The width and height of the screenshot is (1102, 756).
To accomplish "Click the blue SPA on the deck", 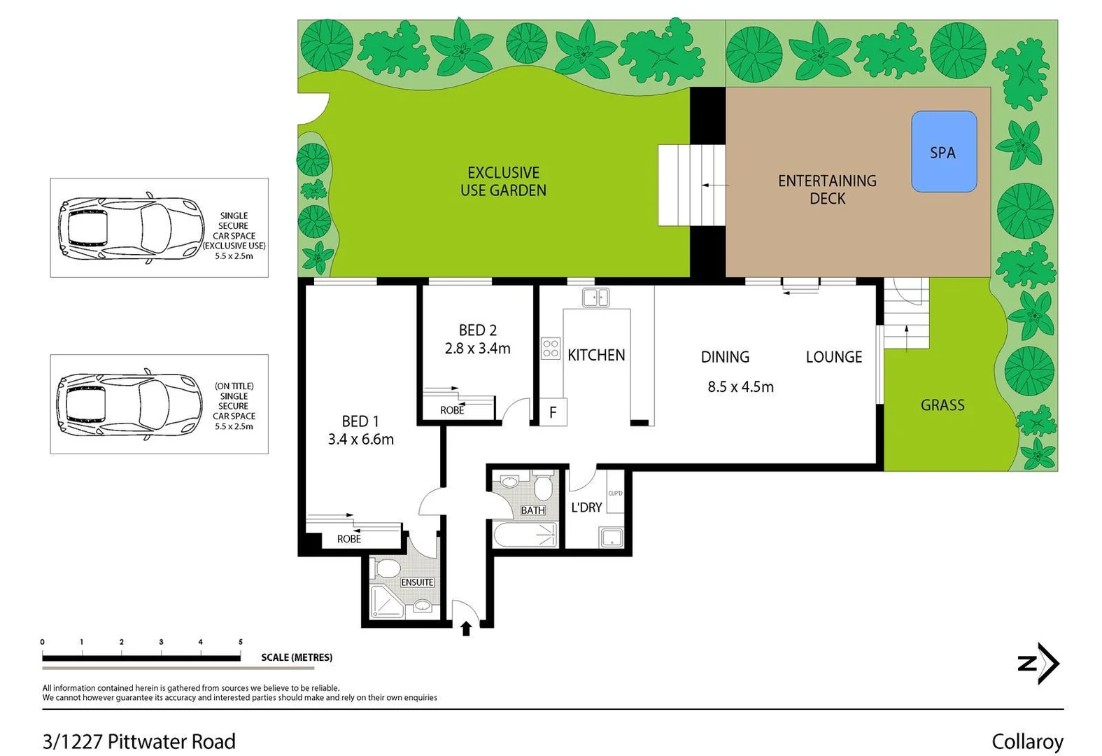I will click(943, 152).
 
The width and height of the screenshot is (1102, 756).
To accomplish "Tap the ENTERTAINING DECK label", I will click(827, 190).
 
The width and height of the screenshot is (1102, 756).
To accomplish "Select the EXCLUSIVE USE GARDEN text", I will click(503, 181).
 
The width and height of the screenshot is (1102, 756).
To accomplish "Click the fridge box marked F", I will click(552, 412).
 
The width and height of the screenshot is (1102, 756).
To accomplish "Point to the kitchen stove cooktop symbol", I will click(551, 348).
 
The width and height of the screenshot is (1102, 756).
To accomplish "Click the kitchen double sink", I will click(595, 297).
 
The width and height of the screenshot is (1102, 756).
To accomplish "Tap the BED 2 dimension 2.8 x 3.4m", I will click(477, 348).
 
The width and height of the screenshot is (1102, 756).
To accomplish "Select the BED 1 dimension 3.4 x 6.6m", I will click(360, 440).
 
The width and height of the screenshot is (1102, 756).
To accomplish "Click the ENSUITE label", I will click(417, 582).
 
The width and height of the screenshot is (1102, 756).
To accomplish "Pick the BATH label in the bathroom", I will click(532, 510).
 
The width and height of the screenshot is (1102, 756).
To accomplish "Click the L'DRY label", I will click(586, 507).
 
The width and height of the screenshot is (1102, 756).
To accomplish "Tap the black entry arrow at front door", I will click(466, 629).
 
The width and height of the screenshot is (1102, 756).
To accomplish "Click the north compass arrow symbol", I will click(1039, 663).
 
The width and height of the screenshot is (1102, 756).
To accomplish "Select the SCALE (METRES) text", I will click(297, 657).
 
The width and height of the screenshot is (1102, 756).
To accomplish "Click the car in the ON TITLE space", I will click(130, 404).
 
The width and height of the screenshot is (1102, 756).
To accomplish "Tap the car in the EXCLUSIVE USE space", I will click(130, 227).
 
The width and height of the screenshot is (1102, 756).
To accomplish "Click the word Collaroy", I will click(1026, 741).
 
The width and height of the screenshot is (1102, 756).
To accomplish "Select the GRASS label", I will click(942, 405).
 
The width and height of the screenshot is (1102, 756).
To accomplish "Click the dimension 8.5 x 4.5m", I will click(740, 387).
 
